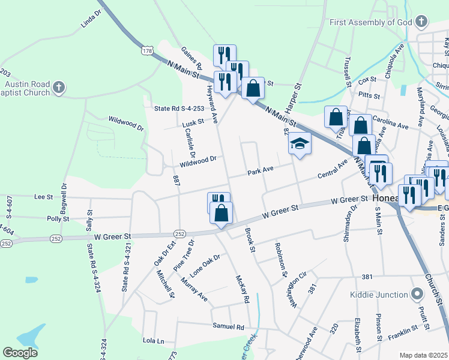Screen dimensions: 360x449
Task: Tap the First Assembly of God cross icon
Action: [x=421, y=23]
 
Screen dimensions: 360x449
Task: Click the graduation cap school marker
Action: [x=300, y=144]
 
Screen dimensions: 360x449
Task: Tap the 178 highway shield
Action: [x=148, y=52]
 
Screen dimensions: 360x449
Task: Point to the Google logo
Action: [x=20, y=353]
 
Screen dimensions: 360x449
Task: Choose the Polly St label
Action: [x=58, y=219]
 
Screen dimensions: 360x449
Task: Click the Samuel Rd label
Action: [x=228, y=327]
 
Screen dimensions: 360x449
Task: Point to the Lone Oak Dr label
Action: [x=205, y=262]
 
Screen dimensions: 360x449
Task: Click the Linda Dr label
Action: [x=91, y=23]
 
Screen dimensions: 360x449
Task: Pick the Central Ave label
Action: [x=333, y=169]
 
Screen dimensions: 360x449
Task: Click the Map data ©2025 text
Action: [x=423, y=355]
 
